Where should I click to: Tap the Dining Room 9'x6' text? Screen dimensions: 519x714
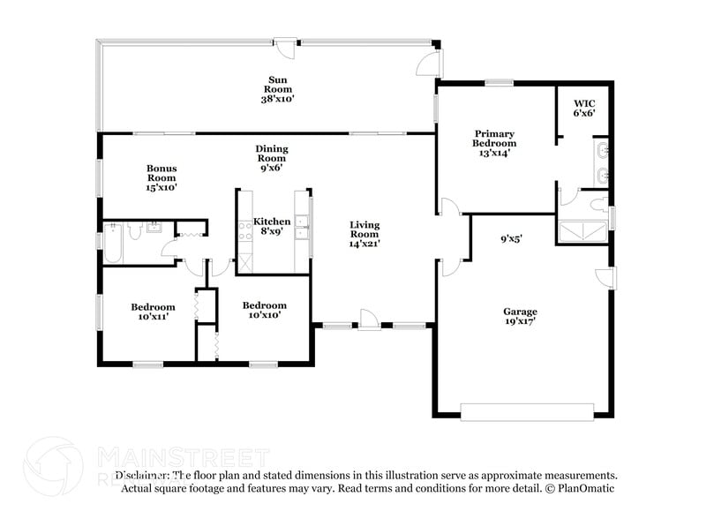273,158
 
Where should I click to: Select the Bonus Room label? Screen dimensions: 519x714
162,177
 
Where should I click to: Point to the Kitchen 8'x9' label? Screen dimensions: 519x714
271,227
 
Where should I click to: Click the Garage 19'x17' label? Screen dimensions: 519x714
520,317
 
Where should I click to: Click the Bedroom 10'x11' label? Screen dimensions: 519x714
154,312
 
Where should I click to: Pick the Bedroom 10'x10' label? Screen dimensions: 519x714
265,311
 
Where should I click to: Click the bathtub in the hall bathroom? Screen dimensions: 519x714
114,242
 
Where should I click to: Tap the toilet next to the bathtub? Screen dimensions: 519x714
135,230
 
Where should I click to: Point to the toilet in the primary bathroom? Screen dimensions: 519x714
598,207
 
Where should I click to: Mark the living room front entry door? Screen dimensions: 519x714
370,320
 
